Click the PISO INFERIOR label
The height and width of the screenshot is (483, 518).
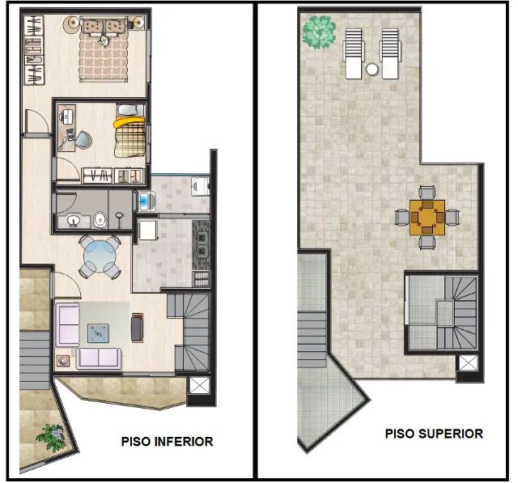[167, 442]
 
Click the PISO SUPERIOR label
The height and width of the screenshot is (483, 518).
[434, 434]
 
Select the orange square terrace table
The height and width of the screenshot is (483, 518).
[427, 218]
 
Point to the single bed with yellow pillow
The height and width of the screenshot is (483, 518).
[129, 137]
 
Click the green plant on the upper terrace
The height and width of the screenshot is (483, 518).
[319, 32]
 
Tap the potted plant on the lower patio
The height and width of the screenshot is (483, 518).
[52, 437]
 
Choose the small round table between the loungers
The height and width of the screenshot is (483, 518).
[372, 69]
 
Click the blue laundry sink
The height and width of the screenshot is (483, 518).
[146, 201]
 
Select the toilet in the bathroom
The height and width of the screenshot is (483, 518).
[100, 219]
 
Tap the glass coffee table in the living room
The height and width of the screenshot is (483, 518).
[98, 333]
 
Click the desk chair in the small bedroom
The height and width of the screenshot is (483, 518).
[83, 140]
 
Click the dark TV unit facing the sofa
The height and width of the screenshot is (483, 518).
[137, 327]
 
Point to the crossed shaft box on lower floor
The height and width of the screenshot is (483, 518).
[199, 385]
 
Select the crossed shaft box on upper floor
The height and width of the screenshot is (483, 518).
[468, 362]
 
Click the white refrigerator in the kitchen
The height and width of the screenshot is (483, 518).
[147, 230]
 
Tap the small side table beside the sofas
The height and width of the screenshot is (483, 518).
[63, 361]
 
